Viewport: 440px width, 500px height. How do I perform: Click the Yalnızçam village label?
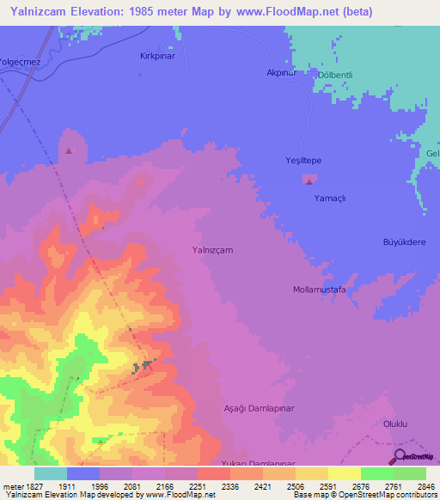click(x=212, y=249)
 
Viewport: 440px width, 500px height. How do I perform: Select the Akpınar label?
click(x=280, y=73)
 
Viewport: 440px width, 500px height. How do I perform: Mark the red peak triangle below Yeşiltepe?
click(x=309, y=180)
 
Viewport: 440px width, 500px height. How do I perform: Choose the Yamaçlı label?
click(x=329, y=198)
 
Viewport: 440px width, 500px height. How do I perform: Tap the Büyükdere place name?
click(x=404, y=242)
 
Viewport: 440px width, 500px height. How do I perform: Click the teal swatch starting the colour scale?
click(x=51, y=473)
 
